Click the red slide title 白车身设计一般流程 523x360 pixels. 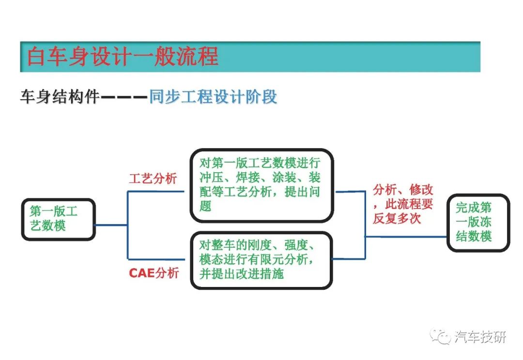click(x=123, y=56)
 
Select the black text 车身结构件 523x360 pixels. click(x=60, y=97)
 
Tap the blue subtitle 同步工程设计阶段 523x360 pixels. click(x=213, y=97)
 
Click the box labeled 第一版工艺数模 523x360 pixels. click(x=59, y=219)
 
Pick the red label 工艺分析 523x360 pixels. click(x=153, y=179)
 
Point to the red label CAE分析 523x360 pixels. click(x=154, y=273)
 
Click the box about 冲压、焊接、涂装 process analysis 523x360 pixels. click(x=262, y=185)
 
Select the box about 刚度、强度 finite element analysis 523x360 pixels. click(x=261, y=260)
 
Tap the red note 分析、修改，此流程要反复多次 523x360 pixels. click(x=402, y=204)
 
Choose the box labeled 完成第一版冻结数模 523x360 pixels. click(x=478, y=222)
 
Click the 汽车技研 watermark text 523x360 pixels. click(x=480, y=337)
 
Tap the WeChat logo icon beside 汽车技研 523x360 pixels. click(x=440, y=336)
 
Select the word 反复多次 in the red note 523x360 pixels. click(x=397, y=219)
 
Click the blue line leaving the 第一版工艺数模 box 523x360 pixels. click(x=111, y=225)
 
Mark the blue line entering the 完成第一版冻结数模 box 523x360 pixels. click(x=406, y=237)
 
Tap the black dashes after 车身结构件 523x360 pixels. click(x=124, y=97)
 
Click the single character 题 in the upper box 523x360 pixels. click(x=205, y=206)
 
